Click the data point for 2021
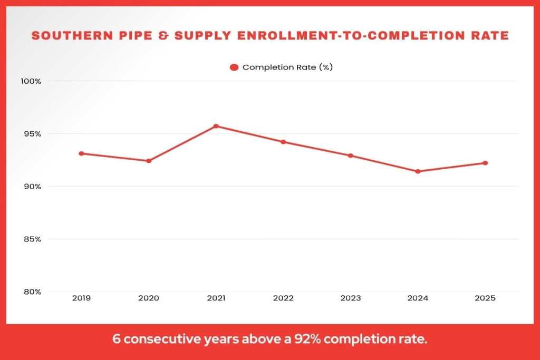point(216,126)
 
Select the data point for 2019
point(81,153)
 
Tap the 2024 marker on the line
point(418,171)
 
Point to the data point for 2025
point(485,163)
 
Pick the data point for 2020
point(149,161)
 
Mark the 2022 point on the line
point(283,142)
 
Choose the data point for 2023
point(350,155)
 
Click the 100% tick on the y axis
point(31,81)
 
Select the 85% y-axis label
point(31,239)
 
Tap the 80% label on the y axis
point(31,292)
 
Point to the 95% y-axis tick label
point(31,134)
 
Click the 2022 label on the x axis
point(283,298)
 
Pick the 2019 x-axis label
point(81,298)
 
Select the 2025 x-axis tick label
point(485,298)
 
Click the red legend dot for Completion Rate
point(234,67)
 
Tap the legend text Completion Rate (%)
point(287,67)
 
